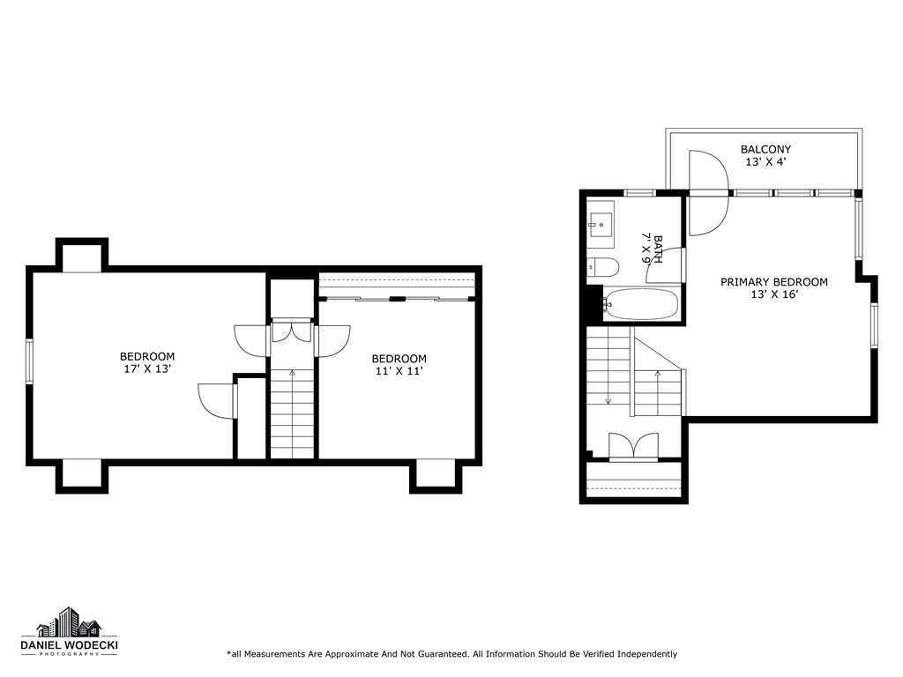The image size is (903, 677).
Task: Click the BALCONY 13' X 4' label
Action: point(765,156)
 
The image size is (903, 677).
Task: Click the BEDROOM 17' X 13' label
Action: point(147,362)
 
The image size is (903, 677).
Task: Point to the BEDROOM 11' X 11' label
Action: point(399,365)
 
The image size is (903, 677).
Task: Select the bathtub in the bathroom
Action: point(641,305)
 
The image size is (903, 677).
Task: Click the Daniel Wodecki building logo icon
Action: point(69,623)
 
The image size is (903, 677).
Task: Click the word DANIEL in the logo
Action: point(43,646)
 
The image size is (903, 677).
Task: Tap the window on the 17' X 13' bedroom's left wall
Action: point(29,361)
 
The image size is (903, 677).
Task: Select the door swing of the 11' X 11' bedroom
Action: point(332,341)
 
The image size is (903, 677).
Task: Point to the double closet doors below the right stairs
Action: point(634,445)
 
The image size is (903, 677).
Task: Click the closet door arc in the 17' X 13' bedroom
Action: point(217,402)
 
